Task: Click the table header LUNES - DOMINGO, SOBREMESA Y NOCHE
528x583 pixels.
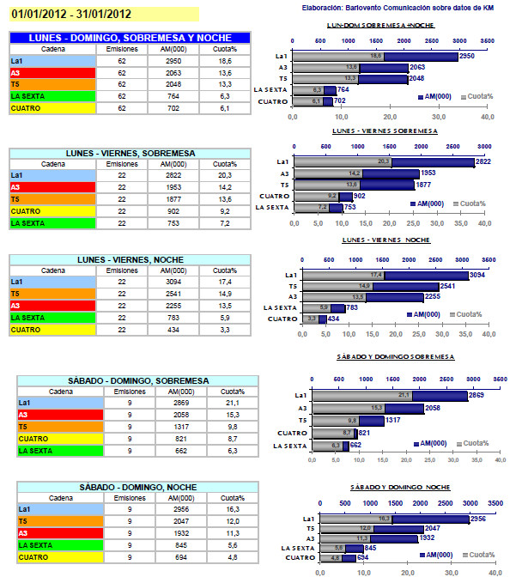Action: click(129, 38)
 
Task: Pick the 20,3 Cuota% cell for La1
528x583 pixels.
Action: click(226, 175)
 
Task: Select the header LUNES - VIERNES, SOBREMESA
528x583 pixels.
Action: click(129, 153)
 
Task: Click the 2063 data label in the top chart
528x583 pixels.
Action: click(418, 67)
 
